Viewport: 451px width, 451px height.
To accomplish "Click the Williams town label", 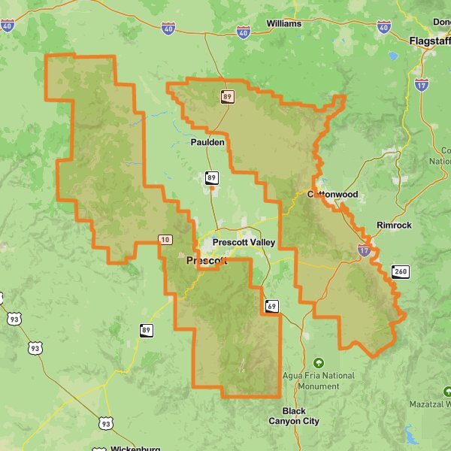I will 283,23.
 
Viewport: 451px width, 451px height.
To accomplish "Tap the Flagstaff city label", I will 429,41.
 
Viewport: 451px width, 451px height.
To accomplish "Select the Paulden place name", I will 207,142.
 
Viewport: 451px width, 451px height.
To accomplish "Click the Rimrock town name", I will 394,225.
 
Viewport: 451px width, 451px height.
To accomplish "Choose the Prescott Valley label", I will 244,243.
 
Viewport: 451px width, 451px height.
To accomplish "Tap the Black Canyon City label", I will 294,416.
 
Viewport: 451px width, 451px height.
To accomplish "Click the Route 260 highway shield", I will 400,271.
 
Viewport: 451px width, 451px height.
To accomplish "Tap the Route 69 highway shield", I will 271,305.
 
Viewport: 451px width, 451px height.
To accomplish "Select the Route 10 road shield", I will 165,239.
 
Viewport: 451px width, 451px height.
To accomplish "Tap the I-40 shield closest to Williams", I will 243,32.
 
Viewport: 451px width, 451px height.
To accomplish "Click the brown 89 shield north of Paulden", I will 227,96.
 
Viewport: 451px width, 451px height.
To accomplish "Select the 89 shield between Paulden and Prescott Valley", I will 212,178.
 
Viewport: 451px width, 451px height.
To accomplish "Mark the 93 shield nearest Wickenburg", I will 105,424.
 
